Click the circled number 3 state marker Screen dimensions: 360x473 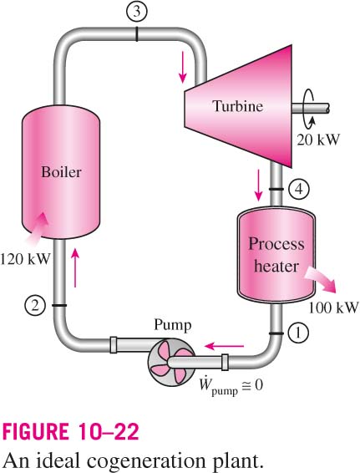coord(137,11)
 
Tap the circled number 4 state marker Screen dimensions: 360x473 coord(299,189)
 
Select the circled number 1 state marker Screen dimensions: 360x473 coord(298,333)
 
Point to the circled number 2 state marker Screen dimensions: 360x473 coord(35,306)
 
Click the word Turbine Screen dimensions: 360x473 coord(238,106)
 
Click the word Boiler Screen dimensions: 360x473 coord(61,172)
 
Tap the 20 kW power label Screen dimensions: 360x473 coord(318,140)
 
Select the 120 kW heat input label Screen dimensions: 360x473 coord(24,259)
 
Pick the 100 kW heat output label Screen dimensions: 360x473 coord(334,308)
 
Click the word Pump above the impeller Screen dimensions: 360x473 coord(173,325)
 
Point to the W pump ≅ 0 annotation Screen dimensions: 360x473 coord(231,386)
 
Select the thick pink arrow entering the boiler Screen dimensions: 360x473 coord(37,226)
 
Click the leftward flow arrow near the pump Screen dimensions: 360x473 coord(224,346)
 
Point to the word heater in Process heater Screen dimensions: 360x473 coord(276,266)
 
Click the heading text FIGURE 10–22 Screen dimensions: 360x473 coord(70,431)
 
